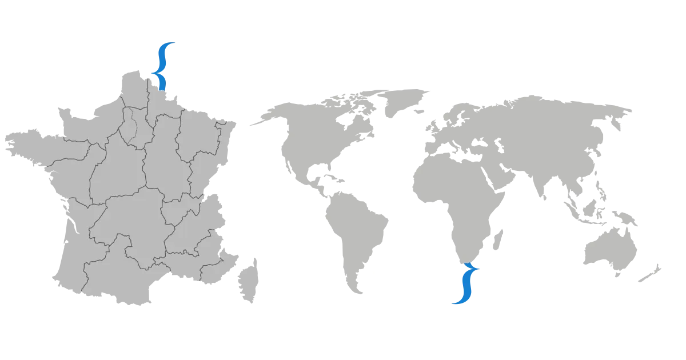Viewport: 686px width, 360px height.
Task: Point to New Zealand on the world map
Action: click(649, 273)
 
